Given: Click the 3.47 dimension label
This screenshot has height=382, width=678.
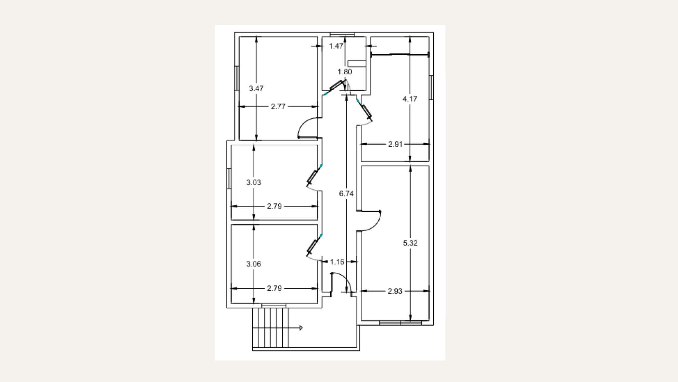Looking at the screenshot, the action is click(256, 88).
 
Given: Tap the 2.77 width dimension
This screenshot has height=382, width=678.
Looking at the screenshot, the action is click(278, 107).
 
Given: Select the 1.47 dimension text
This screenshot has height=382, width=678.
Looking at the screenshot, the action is click(336, 46).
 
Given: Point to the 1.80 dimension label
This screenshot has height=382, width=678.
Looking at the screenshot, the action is click(345, 72).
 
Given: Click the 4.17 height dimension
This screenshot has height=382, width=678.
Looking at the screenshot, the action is click(410, 99).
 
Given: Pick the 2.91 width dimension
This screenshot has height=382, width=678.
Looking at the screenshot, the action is click(395, 144).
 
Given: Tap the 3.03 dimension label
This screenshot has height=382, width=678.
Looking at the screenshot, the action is click(254, 182).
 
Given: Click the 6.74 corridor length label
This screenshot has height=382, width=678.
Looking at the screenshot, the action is click(346, 194).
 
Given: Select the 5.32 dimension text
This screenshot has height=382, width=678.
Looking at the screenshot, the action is click(410, 243).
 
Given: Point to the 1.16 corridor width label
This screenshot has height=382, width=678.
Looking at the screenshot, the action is click(337, 262).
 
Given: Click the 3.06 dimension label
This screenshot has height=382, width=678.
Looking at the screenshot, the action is click(254, 264).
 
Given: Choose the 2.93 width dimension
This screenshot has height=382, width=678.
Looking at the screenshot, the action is click(395, 291).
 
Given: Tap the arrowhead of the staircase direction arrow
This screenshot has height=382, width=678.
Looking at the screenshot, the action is click(301, 328).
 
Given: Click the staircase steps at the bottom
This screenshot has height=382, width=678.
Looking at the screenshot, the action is click(271, 328).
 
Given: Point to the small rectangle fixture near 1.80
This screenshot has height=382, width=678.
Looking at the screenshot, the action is click(357, 63).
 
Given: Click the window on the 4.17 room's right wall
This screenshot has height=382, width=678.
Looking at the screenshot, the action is click(431, 88).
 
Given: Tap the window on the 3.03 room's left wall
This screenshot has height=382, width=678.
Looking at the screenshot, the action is click(229, 179).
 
